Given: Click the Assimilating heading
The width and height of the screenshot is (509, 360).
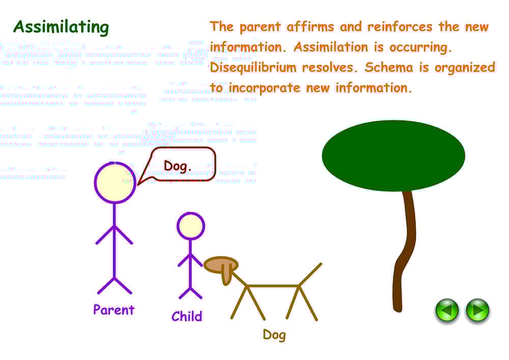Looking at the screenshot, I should [x=61, y=27].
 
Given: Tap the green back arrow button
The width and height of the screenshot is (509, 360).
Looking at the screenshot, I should [x=447, y=310].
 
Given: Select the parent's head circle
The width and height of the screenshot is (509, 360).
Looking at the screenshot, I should [x=115, y=182].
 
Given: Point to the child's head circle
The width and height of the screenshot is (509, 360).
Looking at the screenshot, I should [x=190, y=226].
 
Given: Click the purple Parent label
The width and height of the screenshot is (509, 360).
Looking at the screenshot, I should [x=114, y=310].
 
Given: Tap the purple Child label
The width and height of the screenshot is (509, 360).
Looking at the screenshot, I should [x=187, y=316].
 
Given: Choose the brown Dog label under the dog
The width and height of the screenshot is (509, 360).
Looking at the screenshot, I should [x=274, y=335].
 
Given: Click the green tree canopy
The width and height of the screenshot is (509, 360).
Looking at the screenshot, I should [x=393, y=156].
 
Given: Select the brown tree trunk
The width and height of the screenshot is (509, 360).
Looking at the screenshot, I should [x=406, y=250].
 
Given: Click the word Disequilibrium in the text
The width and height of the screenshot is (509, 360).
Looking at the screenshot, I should [x=253, y=67].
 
